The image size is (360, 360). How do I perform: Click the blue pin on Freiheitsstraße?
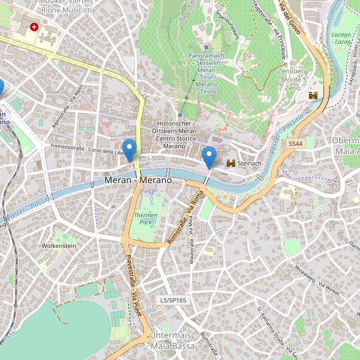tap(128, 149)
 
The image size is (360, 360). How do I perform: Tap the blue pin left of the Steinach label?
tap(209, 157)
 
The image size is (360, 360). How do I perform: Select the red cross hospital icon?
tap(34, 27)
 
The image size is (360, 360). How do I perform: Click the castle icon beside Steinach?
tap(230, 163)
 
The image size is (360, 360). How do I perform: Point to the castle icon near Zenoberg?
tap(313, 95)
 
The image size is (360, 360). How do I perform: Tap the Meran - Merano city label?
tap(138, 180)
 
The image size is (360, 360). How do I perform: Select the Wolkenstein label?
tap(59, 246)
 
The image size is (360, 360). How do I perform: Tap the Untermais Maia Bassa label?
tap(172, 341)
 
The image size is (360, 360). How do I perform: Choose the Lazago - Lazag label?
tap(341, 38)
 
